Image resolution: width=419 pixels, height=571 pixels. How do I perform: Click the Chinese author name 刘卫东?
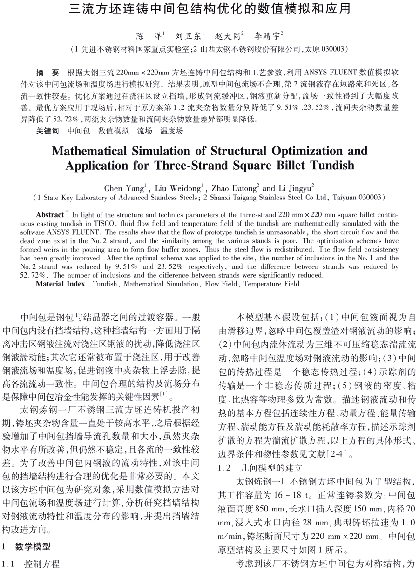point(188,35)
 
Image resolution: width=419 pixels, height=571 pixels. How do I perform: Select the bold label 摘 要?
point(48,73)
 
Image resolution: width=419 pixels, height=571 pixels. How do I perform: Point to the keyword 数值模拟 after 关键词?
point(114,131)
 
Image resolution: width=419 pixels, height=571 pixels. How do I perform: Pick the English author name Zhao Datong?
point(233,188)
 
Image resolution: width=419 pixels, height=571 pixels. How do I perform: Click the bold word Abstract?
point(50,215)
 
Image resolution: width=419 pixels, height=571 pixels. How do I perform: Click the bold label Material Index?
point(61,284)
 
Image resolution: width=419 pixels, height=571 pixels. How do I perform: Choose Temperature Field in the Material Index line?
point(271,284)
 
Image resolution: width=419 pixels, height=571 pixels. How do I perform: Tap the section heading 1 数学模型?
point(26,546)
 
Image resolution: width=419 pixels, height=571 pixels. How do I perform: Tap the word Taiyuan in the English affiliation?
point(345,198)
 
